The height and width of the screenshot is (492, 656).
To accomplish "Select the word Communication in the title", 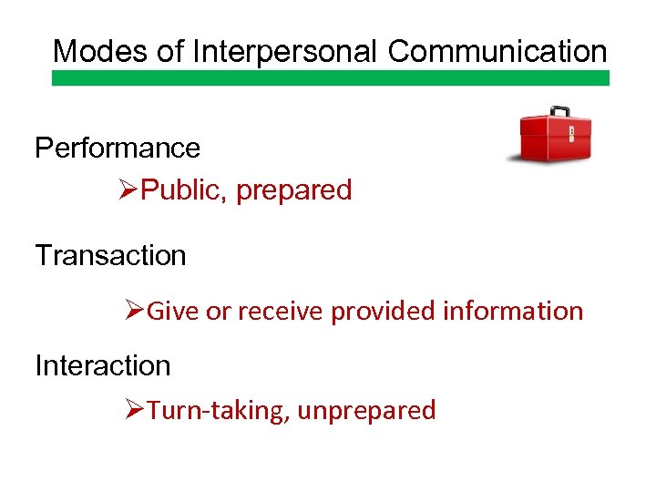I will point(497,51).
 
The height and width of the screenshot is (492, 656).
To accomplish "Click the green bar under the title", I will point(330,78).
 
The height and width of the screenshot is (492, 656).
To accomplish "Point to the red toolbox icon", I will point(555,137).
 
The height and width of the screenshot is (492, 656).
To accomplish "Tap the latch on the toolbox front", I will point(571,134).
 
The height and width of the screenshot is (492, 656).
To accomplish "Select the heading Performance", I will point(118,148).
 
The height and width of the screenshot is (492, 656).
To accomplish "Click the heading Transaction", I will point(110,256).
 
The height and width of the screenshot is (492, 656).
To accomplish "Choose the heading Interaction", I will point(103,365).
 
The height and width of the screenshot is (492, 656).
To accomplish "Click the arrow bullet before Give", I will point(135,311).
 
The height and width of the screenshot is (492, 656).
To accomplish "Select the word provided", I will point(383,312).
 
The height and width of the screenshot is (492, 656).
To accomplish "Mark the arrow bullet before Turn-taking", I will point(135,410).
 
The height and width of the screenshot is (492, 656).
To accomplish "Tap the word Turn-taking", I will point(218,411).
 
